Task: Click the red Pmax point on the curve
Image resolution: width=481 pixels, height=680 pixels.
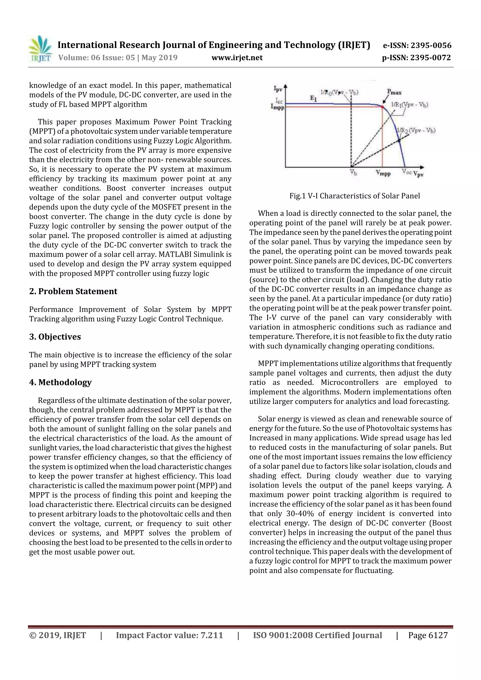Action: tap(382, 106)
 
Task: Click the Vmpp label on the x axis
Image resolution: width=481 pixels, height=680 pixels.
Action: tap(383, 173)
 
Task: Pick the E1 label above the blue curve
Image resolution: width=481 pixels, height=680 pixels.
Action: tap(313, 99)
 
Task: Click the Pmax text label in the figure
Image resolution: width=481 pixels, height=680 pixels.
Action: tap(394, 92)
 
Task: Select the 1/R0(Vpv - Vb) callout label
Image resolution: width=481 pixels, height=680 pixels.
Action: tap(340, 93)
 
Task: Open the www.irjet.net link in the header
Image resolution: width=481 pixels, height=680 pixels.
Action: tap(237, 58)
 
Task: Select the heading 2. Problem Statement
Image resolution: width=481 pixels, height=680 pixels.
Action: tap(73, 292)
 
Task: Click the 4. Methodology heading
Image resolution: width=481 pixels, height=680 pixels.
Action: tap(60, 382)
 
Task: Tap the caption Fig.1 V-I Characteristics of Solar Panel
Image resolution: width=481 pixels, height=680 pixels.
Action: tap(354, 196)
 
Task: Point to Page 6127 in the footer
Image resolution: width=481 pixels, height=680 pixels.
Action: tap(428, 635)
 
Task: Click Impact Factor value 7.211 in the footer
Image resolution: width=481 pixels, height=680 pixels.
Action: tap(169, 635)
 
